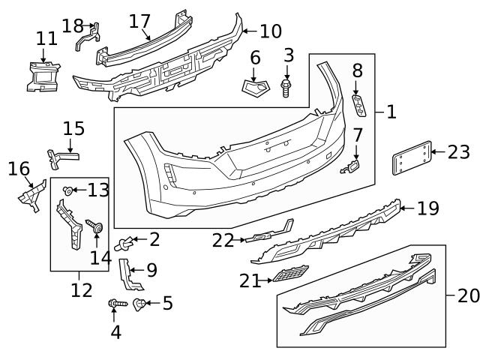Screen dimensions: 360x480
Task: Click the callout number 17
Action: (x=139, y=20)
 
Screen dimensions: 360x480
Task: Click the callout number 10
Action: (x=271, y=31)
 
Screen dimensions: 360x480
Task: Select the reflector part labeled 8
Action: (x=360, y=105)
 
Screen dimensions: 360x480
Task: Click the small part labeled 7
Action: (x=351, y=168)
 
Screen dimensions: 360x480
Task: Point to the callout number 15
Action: (x=73, y=128)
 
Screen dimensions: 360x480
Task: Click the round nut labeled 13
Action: (x=69, y=190)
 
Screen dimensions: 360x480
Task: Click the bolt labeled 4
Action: (x=115, y=304)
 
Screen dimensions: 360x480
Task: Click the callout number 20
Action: (x=468, y=295)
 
